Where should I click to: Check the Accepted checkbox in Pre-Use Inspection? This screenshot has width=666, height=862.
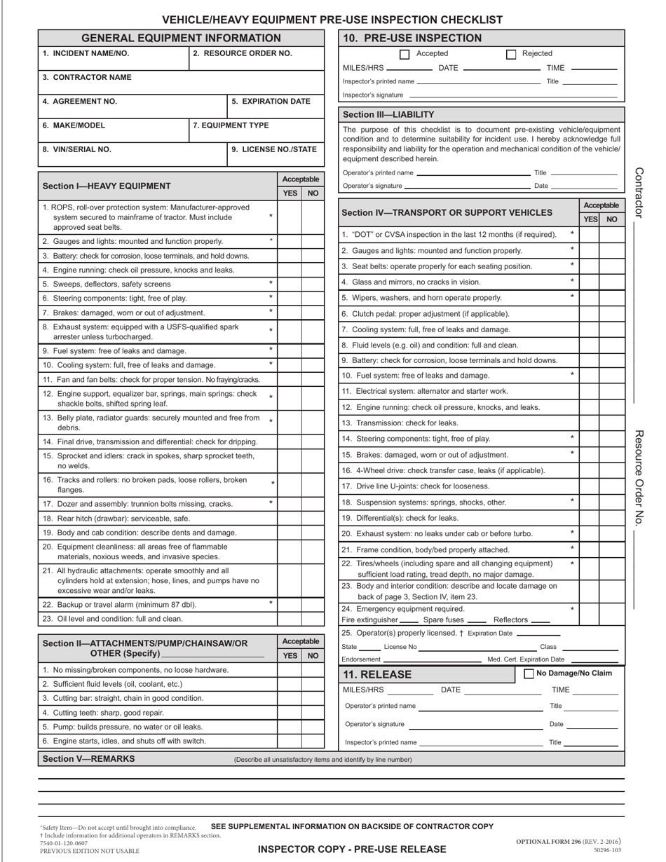(405, 54)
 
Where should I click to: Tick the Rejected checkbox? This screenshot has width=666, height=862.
(510, 54)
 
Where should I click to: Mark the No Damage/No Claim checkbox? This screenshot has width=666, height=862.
(529, 673)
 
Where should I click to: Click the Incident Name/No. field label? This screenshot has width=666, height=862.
(86, 53)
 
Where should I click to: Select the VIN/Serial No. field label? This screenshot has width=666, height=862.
(76, 149)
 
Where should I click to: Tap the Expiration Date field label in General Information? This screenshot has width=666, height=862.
(271, 101)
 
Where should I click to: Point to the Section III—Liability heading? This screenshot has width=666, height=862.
(388, 114)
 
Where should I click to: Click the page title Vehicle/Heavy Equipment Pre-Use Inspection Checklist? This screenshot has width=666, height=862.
(332, 20)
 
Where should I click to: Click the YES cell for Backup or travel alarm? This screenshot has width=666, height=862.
(290, 604)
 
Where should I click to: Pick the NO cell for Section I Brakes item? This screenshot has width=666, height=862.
(313, 313)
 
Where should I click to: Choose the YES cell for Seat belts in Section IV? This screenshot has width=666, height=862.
(590, 266)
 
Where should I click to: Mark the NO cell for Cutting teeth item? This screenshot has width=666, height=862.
(313, 712)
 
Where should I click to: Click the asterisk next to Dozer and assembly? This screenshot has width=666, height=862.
(271, 502)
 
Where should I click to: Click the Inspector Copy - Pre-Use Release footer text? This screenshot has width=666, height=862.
(352, 849)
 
